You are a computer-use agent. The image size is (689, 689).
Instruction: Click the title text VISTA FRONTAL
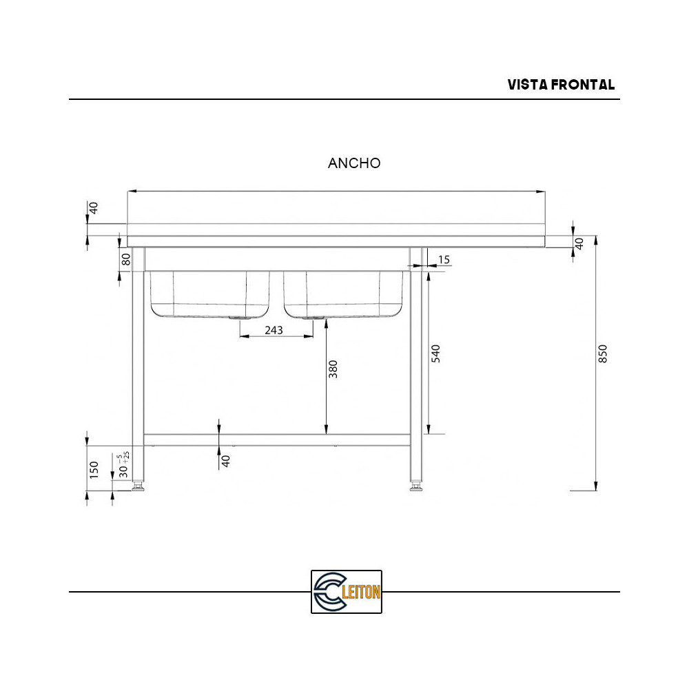coord(561,85)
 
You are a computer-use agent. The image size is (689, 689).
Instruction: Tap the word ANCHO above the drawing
coord(354,163)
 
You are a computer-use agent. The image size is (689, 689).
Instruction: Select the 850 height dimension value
coord(603,353)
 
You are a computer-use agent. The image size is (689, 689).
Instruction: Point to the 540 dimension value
coord(435,353)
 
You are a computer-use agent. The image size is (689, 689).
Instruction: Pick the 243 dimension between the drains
coord(274,330)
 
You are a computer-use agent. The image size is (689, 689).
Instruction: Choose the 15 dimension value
coord(444,260)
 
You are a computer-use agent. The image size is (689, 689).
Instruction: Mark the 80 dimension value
coord(126,260)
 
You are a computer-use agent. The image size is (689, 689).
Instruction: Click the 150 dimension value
coord(95,469)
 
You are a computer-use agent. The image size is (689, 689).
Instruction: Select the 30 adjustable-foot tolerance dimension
coord(123,466)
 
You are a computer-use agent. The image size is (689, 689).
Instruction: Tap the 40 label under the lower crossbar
coord(225,461)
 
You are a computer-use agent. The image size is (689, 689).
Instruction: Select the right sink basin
coord(342,294)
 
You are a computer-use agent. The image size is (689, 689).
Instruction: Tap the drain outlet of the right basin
coord(313,319)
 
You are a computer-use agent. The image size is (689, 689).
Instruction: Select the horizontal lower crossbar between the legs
coord(276,439)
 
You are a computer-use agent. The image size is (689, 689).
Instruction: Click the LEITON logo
coord(347,592)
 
